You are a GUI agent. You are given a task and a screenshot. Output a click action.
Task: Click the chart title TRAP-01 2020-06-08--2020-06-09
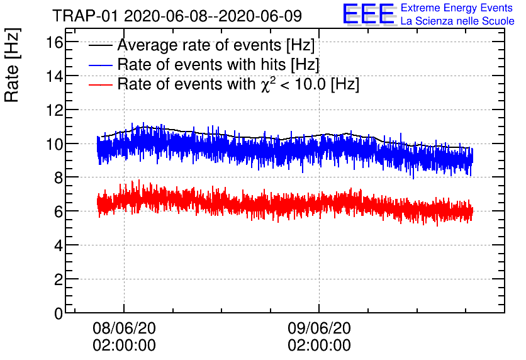click(x=177, y=15)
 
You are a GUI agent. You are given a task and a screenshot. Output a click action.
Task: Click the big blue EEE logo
click(x=369, y=14)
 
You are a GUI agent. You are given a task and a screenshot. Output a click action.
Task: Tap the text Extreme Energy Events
click(x=457, y=8)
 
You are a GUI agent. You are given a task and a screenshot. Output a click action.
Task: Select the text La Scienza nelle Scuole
click(x=457, y=21)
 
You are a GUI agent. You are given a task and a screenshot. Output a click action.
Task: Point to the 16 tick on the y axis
click(x=53, y=42)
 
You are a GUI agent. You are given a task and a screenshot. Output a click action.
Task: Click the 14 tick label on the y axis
click(x=53, y=76)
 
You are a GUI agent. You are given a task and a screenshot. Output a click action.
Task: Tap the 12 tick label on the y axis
click(x=53, y=110)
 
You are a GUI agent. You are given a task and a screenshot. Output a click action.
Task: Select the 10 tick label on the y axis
click(x=53, y=144)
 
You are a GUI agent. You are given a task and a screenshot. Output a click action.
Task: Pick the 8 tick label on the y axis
click(x=57, y=178)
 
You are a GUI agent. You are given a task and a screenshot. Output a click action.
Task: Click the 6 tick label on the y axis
click(x=57, y=212)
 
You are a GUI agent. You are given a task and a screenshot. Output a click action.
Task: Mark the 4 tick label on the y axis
click(x=57, y=245)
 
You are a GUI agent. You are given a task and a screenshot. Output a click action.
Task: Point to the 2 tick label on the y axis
click(x=57, y=279)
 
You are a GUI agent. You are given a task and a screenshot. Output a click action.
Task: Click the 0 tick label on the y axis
click(x=57, y=313)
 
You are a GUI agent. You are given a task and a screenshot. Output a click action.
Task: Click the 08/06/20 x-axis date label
click(x=124, y=329)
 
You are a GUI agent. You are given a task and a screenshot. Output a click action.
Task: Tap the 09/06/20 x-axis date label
click(x=319, y=329)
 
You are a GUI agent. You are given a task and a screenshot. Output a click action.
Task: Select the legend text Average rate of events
click(x=216, y=46)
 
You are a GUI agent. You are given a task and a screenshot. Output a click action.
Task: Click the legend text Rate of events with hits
click(x=218, y=65)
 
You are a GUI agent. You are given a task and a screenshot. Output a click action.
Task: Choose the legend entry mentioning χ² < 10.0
click(x=238, y=84)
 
